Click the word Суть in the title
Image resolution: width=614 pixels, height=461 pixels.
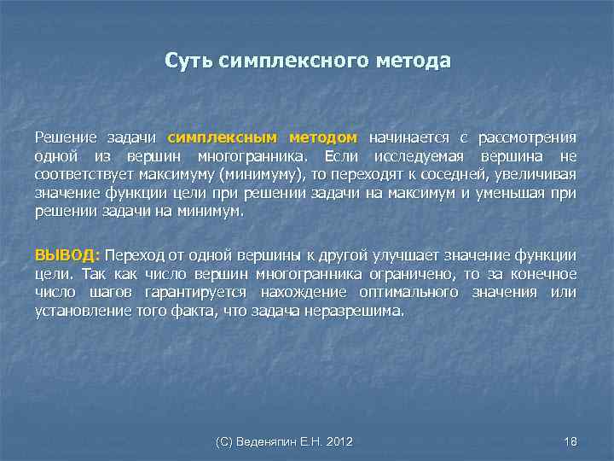click(188, 62)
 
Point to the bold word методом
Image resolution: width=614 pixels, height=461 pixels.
click(322, 137)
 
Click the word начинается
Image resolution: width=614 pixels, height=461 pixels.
click(406, 137)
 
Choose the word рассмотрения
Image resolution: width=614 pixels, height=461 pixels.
click(527, 137)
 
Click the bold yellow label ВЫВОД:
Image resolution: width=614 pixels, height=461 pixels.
click(67, 255)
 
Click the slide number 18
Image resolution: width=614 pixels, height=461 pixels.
click(571, 441)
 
